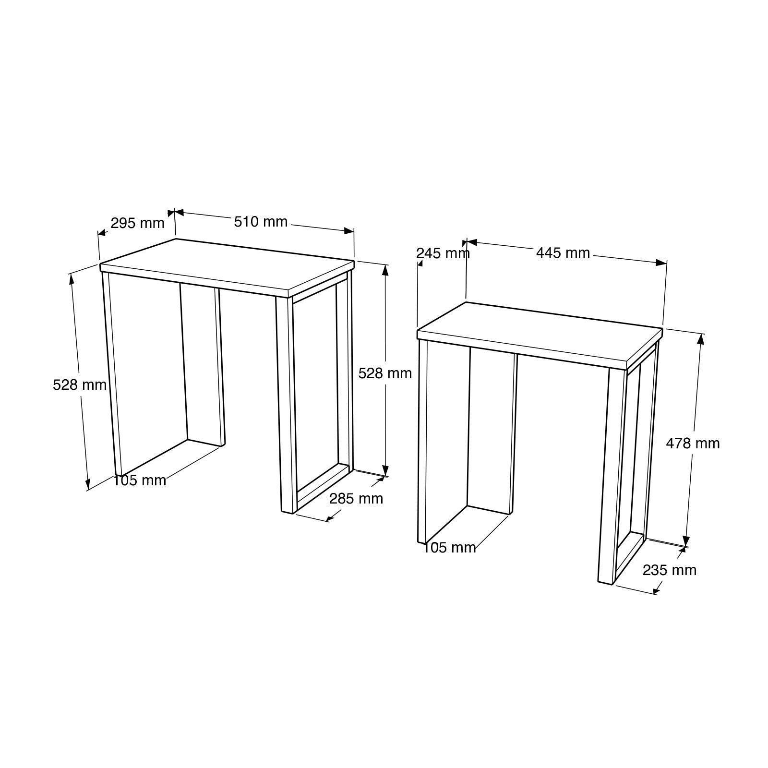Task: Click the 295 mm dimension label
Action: click(137, 223)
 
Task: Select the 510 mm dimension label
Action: click(261, 221)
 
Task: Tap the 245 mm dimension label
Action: click(443, 253)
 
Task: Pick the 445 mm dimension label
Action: click(563, 252)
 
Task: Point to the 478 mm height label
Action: click(693, 444)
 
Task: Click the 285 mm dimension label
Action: click(356, 499)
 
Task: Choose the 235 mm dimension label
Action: click(669, 570)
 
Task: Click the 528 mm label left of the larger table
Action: click(80, 384)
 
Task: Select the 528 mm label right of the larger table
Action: click(385, 373)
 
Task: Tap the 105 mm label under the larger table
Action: click(140, 480)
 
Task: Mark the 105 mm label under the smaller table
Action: click(449, 547)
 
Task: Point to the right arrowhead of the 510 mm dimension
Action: click(349, 231)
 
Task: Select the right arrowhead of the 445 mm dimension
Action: click(662, 262)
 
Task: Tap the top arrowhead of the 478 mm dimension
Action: click(700, 338)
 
